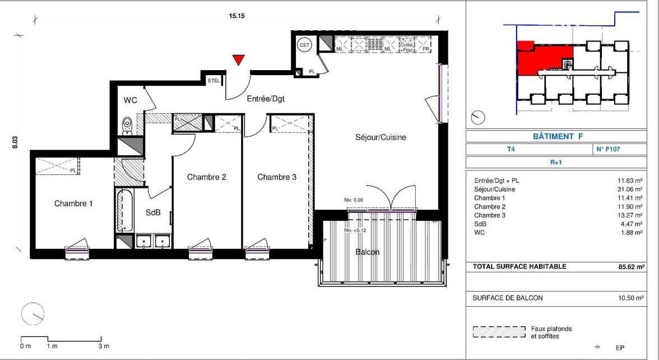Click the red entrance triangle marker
(239, 59)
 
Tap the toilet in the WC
(127, 126)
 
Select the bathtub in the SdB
(124, 211)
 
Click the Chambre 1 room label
(73, 204)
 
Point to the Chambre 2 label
(206, 177)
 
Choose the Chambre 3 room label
(277, 177)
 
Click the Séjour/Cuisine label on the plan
(381, 137)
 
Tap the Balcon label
(368, 252)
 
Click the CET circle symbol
(304, 45)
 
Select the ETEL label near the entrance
(214, 81)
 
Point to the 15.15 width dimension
(236, 16)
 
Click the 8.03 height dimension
(15, 142)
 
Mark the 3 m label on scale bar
(104, 346)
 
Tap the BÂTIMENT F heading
(558, 136)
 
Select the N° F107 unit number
(608, 149)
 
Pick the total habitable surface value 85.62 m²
(631, 267)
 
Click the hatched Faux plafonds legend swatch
(499, 332)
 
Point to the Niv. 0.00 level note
(354, 200)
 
